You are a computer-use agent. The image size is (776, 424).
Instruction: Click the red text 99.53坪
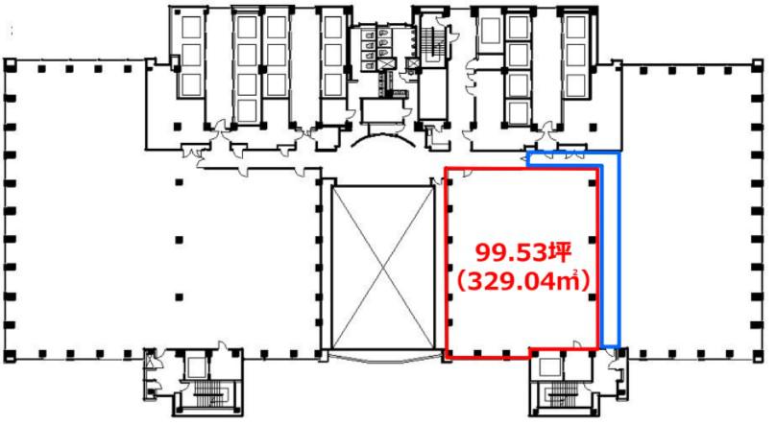coord(523,252)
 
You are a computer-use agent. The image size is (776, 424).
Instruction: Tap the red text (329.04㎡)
coord(523,282)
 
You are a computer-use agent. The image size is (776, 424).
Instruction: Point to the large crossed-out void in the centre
coord(382,268)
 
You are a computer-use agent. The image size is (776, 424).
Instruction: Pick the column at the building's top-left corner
coord(10,64)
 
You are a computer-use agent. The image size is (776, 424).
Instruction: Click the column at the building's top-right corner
coord(757,64)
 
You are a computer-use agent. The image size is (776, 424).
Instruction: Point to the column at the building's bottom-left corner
coord(10,355)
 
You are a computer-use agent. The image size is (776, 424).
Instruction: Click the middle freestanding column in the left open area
coord(180,240)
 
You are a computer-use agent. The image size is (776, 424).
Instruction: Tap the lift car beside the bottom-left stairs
coord(197,366)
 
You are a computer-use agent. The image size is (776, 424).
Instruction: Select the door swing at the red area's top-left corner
coord(466,174)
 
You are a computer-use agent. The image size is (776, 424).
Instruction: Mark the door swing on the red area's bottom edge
coord(576,344)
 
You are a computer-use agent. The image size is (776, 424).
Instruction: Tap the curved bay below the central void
coord(383,357)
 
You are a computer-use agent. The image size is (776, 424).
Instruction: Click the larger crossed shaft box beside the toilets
coord(385,64)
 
